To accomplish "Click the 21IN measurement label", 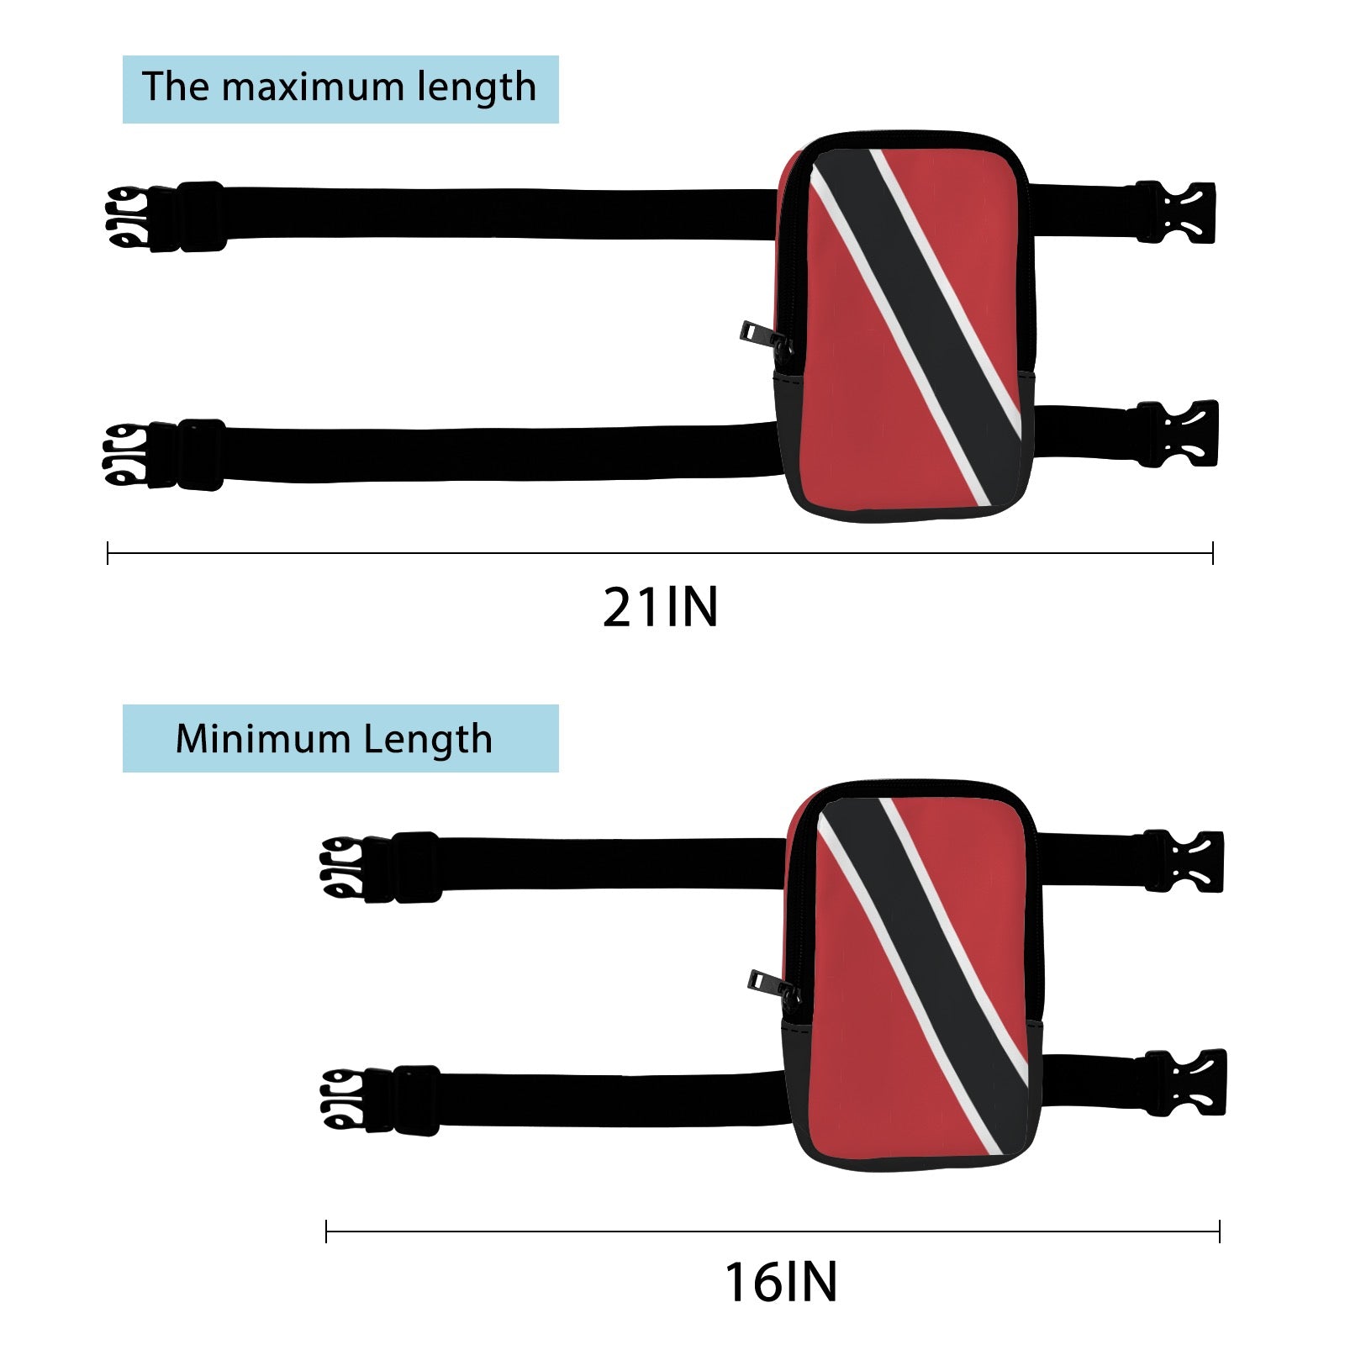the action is [661, 607].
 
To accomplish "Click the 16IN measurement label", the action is [781, 1282].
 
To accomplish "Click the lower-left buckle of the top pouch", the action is [164, 455].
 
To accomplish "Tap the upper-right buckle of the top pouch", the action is [1175, 213].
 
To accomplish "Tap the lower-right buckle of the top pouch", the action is [1176, 433].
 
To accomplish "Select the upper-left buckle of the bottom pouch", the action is [381, 868].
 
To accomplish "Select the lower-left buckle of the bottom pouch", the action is [380, 1100].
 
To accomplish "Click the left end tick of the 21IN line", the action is [108, 553].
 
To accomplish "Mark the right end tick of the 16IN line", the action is [1219, 1232].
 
